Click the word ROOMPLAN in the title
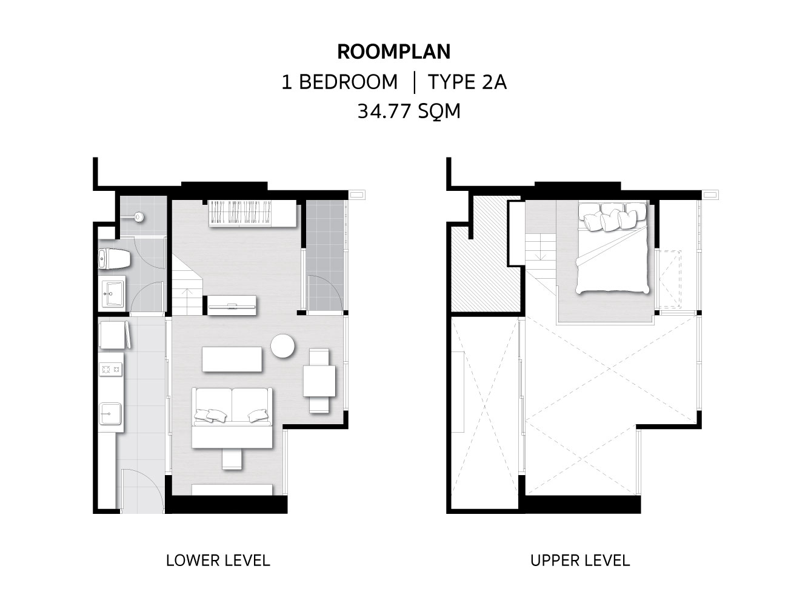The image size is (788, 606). coord(394,52)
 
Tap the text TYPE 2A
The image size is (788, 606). coord(467,82)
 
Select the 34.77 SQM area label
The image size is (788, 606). coord(409,111)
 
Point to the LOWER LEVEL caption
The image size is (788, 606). coord(218,561)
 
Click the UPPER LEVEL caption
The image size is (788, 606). coord(580,561)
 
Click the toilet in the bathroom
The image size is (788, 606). coord(114,259)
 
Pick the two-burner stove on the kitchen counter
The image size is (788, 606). coord(110,370)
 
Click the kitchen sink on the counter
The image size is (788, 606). coord(110,413)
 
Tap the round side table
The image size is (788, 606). coord(282,346)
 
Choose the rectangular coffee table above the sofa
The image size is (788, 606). coord(232,359)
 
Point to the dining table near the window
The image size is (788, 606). coord(319,381)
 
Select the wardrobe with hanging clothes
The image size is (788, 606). coord(253,213)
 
